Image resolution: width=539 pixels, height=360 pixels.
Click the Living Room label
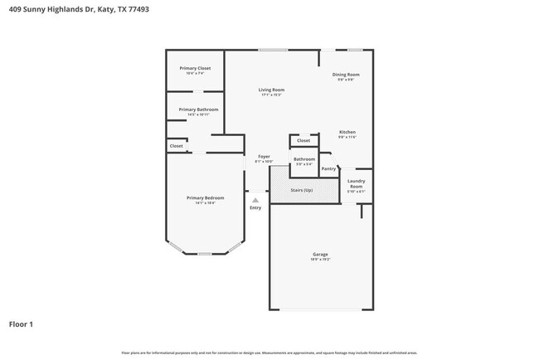pyautogui.click(x=271, y=90)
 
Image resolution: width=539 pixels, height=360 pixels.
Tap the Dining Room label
pyautogui.click(x=347, y=75)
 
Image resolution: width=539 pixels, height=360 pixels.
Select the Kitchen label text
pyautogui.click(x=347, y=132)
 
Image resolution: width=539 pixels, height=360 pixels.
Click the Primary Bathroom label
pyautogui.click(x=198, y=109)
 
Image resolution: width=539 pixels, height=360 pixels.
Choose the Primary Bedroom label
pyautogui.click(x=205, y=197)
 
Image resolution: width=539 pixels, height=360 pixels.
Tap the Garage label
pyautogui.click(x=320, y=254)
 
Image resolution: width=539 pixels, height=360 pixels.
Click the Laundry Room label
pyautogui.click(x=356, y=183)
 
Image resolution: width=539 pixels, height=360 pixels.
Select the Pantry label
pyautogui.click(x=328, y=168)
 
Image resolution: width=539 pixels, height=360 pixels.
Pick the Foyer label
pyautogui.click(x=264, y=156)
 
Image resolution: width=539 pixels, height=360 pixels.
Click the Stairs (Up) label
pyautogui.click(x=302, y=191)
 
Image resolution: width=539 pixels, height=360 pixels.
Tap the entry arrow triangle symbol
pyautogui.click(x=255, y=200)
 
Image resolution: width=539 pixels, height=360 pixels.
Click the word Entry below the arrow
pyautogui.click(x=255, y=207)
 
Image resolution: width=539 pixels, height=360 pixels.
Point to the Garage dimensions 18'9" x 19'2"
pyautogui.click(x=320, y=260)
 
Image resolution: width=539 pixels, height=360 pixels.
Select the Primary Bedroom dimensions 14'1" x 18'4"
pyautogui.click(x=205, y=203)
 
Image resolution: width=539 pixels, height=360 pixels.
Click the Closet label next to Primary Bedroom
pyautogui.click(x=176, y=146)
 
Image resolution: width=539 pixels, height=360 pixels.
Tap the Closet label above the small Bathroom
pyautogui.click(x=303, y=141)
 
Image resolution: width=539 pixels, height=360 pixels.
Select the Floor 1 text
pyautogui.click(x=22, y=324)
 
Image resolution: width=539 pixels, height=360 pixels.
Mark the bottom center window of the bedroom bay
pyautogui.click(x=205, y=254)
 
